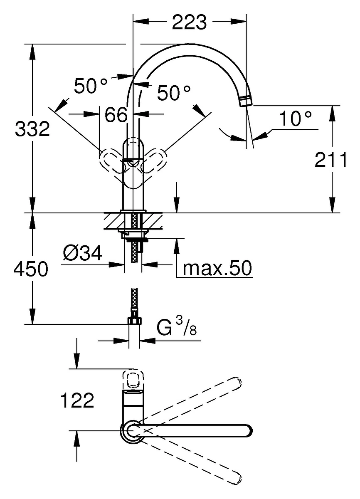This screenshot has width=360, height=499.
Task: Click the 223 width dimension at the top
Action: click(190, 22)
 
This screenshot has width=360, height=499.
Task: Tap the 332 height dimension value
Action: click(32, 129)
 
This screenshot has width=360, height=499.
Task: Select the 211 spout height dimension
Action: click(331, 160)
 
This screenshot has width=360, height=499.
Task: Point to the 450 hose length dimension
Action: click(31, 269)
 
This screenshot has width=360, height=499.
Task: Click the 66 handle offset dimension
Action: click(116, 114)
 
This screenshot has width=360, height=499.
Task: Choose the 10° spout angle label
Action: click(295, 119)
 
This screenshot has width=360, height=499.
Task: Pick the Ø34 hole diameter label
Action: click(83, 253)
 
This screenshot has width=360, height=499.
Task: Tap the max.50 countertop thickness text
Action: click(217, 268)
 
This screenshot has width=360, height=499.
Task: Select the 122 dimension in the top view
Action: click(77, 400)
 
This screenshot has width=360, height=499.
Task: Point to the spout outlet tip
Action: click(246, 101)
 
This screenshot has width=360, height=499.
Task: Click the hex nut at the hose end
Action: click(134, 321)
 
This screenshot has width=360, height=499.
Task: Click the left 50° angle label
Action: click(91, 85)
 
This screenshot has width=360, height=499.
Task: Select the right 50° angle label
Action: click(174, 92)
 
